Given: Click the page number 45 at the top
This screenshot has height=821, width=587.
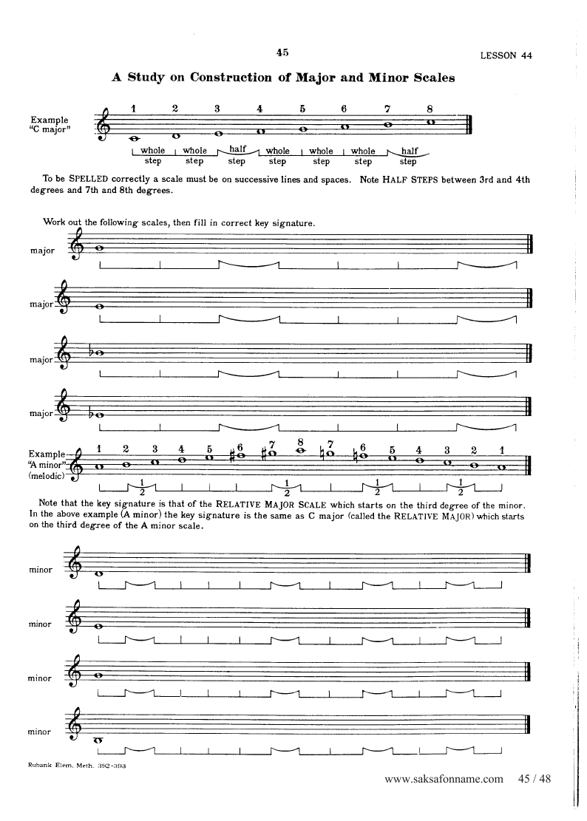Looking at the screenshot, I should pyautogui.click(x=282, y=52).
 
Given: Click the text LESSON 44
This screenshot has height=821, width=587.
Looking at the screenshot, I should pyautogui.click(x=506, y=55).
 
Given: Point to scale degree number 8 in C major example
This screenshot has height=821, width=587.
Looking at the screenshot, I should pyautogui.click(x=429, y=108).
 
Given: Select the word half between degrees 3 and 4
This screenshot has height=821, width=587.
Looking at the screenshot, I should pyautogui.click(x=237, y=150).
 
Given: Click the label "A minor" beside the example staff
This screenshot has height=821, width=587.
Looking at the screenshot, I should pyautogui.click(x=47, y=465).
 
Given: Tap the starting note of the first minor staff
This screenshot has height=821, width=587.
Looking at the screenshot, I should pyautogui.click(x=99, y=573).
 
